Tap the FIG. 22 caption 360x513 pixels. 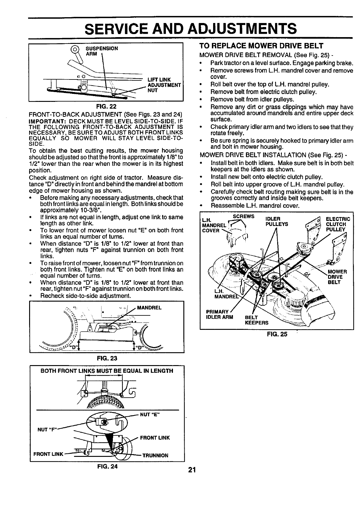[105, 106]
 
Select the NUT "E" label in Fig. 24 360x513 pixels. [150, 415]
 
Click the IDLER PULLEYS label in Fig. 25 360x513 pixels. [277, 221]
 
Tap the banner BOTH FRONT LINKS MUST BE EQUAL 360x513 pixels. [107, 371]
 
